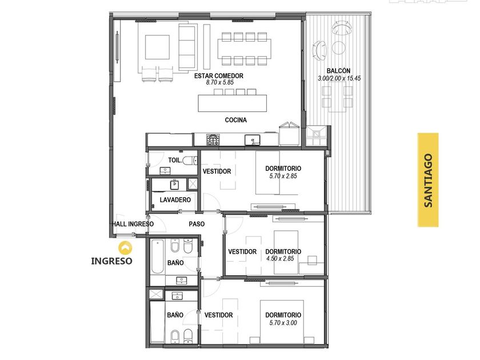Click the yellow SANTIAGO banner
coord(428,179)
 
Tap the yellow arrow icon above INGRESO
coord(126,248)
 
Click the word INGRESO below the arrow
coord(112,261)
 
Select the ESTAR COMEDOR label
coord(218,75)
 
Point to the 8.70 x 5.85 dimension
coord(220,82)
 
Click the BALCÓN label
coord(338,71)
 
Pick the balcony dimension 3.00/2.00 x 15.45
coord(339,78)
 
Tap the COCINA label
coord(235,120)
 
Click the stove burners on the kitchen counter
coord(213,139)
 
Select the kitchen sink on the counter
coord(252,140)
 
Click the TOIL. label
coord(175,160)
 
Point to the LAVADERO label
coord(175,200)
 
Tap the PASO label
coord(197,224)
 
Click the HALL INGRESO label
coord(133,224)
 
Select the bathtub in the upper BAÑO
coord(157,257)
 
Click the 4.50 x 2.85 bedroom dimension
coord(280,258)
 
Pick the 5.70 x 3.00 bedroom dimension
coord(283,323)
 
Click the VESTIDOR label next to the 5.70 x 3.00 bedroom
coord(218,315)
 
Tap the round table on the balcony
coord(339,47)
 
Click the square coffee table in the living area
coord(157,47)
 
